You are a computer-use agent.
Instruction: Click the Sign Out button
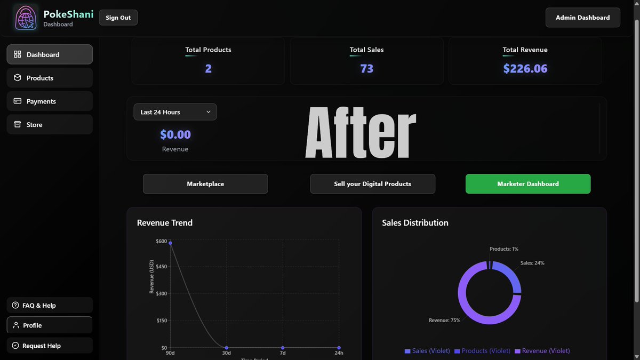[118, 18]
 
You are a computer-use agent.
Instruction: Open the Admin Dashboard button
[582, 18]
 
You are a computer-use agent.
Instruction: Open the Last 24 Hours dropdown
[175, 112]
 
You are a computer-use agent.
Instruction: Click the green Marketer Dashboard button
[527, 184]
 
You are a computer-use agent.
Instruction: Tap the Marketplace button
[205, 184]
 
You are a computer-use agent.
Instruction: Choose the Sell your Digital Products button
[372, 184]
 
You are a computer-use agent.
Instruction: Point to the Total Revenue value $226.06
[525, 69]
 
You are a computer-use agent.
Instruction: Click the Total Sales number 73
[366, 69]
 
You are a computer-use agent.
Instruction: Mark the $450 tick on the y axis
[161, 267]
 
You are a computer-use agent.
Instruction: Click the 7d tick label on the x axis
[283, 353]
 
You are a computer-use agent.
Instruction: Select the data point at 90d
[171, 243]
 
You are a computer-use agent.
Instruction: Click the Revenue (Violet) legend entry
[542, 351]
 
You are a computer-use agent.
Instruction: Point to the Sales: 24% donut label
[532, 263]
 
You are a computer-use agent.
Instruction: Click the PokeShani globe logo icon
[25, 18]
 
